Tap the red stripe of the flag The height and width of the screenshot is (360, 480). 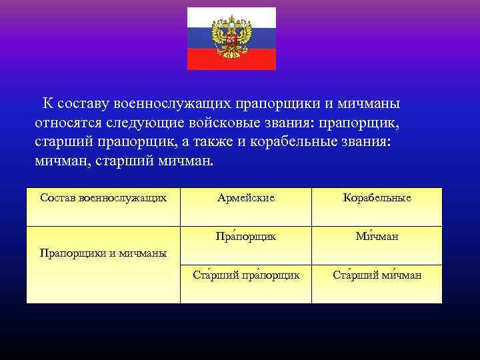coord(231,61)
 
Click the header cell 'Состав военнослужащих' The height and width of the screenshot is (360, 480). coord(103,197)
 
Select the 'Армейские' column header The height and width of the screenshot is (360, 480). coord(245,198)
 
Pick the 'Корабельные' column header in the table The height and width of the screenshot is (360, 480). coord(377,198)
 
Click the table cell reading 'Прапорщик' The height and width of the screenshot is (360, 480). coord(245,236)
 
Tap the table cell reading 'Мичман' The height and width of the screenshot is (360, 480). coord(377,236)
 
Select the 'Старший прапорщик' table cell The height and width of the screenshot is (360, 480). coord(245,275)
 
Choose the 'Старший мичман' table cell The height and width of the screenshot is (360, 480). coord(377,275)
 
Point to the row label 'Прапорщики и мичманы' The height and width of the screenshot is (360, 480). coord(103,253)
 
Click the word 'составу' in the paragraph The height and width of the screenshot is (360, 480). coord(84,104)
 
